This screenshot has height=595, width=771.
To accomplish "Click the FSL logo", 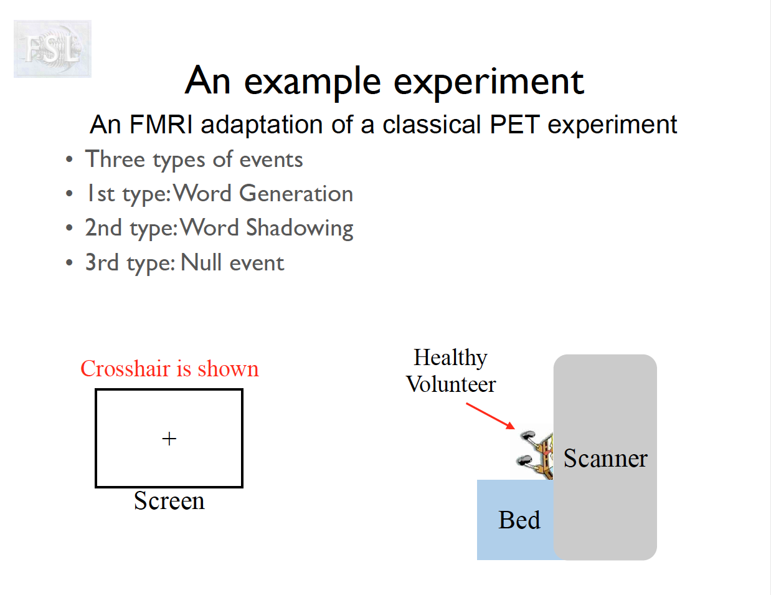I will [52, 49].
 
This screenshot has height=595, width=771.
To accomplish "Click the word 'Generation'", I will [296, 194].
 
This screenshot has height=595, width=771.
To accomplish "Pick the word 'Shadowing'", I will [300, 228].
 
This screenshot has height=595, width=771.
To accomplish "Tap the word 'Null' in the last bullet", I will [201, 263].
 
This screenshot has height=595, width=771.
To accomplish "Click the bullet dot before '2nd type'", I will [69, 228].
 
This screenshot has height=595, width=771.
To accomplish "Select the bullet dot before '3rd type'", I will [69, 263].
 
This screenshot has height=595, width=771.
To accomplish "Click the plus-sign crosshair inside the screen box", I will [169, 439].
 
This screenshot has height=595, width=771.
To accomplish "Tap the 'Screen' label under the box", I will [169, 501].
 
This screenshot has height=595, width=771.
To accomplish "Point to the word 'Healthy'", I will [450, 358].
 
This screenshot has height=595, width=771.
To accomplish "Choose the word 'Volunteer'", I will [451, 384].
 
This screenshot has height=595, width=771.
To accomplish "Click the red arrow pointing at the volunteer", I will [491, 416].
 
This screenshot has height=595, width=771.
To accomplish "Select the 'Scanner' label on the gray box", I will [605, 459].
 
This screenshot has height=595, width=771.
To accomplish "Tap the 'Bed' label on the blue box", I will [519, 520].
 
